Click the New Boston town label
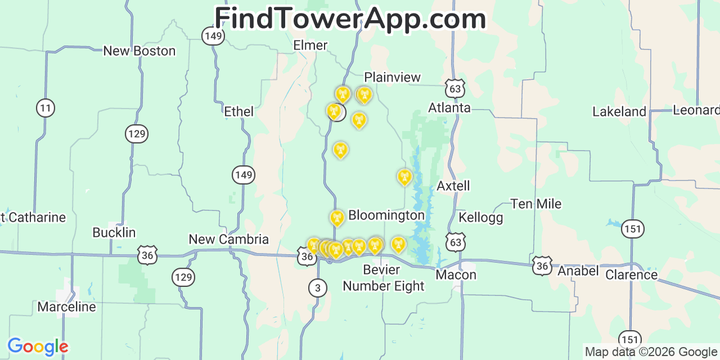point(139,51)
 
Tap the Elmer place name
point(310,45)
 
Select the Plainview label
point(392,78)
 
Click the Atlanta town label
point(449,107)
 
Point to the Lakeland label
point(619,112)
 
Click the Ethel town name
point(238,112)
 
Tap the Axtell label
point(453,186)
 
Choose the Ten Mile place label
point(535,204)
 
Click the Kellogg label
point(480,218)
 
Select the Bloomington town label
point(386,215)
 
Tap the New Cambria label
point(228,240)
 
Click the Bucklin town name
point(114,233)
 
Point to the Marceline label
point(66,307)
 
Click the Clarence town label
point(631,275)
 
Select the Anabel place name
point(578,271)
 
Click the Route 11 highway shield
point(46,107)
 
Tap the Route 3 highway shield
point(317,289)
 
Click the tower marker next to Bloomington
point(337,217)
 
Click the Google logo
point(37,346)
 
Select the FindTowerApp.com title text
point(350,19)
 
